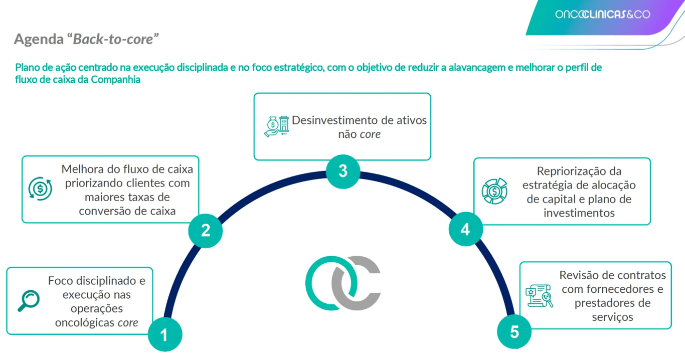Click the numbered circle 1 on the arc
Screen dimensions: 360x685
pos(164,334)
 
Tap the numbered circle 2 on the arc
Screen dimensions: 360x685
pos(206,231)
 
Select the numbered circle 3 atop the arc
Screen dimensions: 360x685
pos(343,171)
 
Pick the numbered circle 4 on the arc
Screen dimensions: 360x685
pos(465,229)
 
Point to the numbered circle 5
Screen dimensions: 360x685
pos(515,332)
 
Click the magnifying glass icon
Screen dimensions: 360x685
pos(29,301)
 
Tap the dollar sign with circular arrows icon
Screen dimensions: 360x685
pos(40,189)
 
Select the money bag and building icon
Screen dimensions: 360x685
pos(276,126)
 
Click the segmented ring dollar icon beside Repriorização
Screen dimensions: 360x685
pos(494,192)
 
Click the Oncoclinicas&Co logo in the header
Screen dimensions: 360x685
pos(602,15)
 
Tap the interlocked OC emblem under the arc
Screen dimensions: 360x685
pos(343,283)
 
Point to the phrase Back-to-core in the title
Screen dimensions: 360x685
pos(113,39)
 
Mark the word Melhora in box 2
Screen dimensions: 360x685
pos(80,169)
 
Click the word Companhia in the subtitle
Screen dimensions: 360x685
pos(116,80)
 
